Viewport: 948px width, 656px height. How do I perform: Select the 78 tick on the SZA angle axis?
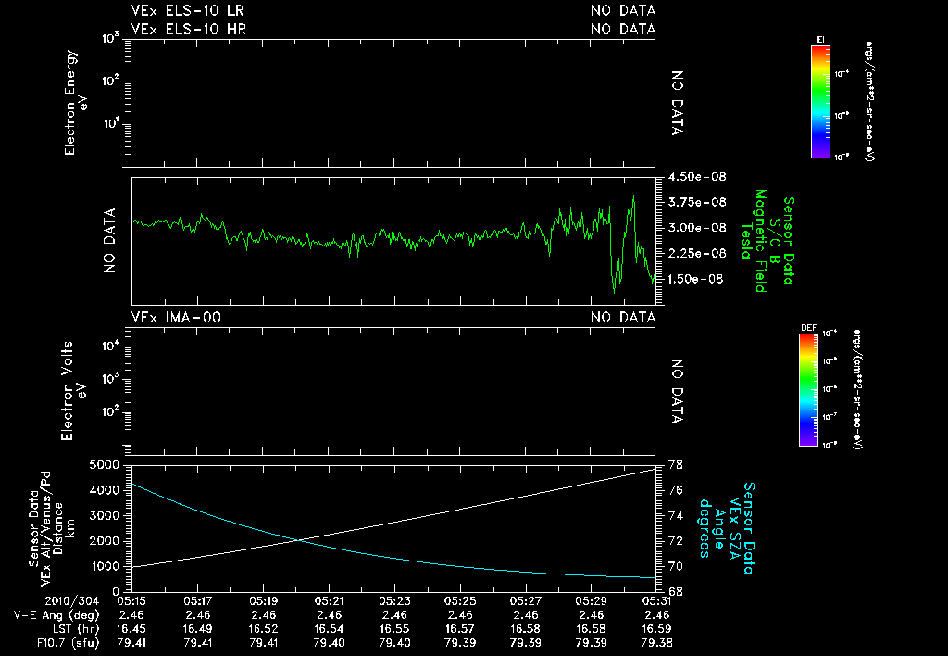pyautogui.click(x=676, y=464)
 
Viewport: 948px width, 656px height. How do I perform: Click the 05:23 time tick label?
pyautogui.click(x=395, y=600)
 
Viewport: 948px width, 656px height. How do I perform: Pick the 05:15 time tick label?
pyautogui.click(x=133, y=600)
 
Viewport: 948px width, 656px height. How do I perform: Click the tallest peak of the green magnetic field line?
pyautogui.click(x=633, y=196)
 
